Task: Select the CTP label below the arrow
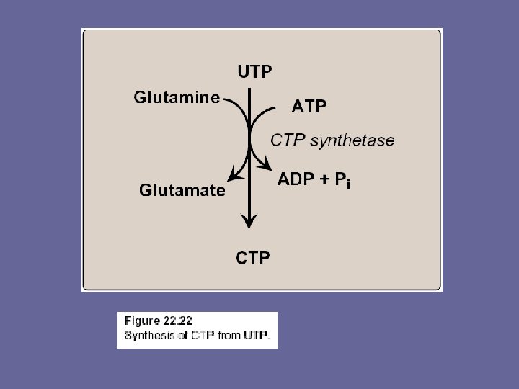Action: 254,256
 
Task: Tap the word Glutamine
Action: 177,99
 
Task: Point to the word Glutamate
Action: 182,190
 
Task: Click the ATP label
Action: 309,107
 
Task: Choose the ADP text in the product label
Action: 296,179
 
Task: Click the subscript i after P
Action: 348,186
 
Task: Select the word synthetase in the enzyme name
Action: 352,140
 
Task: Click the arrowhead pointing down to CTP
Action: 249,222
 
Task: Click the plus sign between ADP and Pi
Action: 322,180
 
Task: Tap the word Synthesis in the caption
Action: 146,335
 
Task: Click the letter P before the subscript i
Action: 338,179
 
